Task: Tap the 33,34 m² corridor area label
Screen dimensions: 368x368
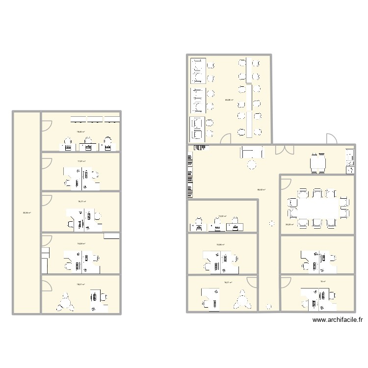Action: pos(26,212)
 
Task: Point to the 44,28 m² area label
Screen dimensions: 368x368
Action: pos(229,100)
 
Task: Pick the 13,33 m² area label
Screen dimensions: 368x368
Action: pos(222,216)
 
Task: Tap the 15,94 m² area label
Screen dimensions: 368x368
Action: pos(221,245)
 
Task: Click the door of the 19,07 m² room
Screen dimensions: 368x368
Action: pos(48,286)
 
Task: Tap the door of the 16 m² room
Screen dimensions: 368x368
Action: pos(285,282)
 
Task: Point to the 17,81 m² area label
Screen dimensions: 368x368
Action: pos(81,161)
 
